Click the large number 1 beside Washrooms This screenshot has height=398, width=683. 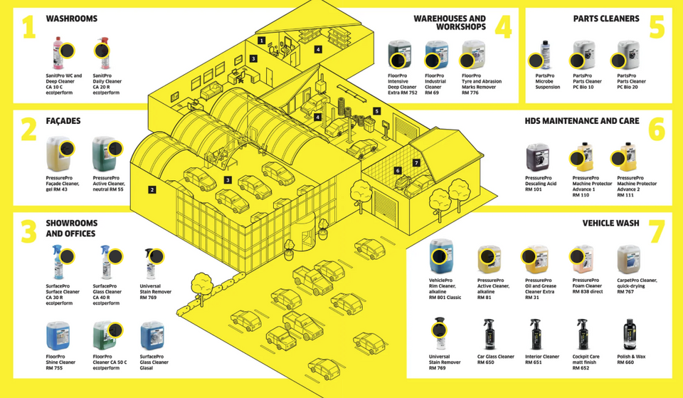28,28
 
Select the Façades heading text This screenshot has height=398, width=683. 64,122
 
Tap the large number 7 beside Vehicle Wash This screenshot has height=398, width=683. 655,233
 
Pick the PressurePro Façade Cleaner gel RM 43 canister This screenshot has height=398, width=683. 55,155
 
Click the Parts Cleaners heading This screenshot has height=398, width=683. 606,19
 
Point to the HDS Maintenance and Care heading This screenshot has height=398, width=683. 582,121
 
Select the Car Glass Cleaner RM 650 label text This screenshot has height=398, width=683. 495,357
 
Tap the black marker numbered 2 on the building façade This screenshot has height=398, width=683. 152,189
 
